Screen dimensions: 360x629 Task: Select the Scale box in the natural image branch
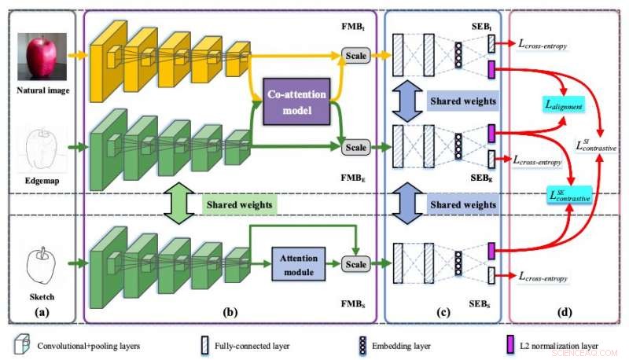coord(356,54)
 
